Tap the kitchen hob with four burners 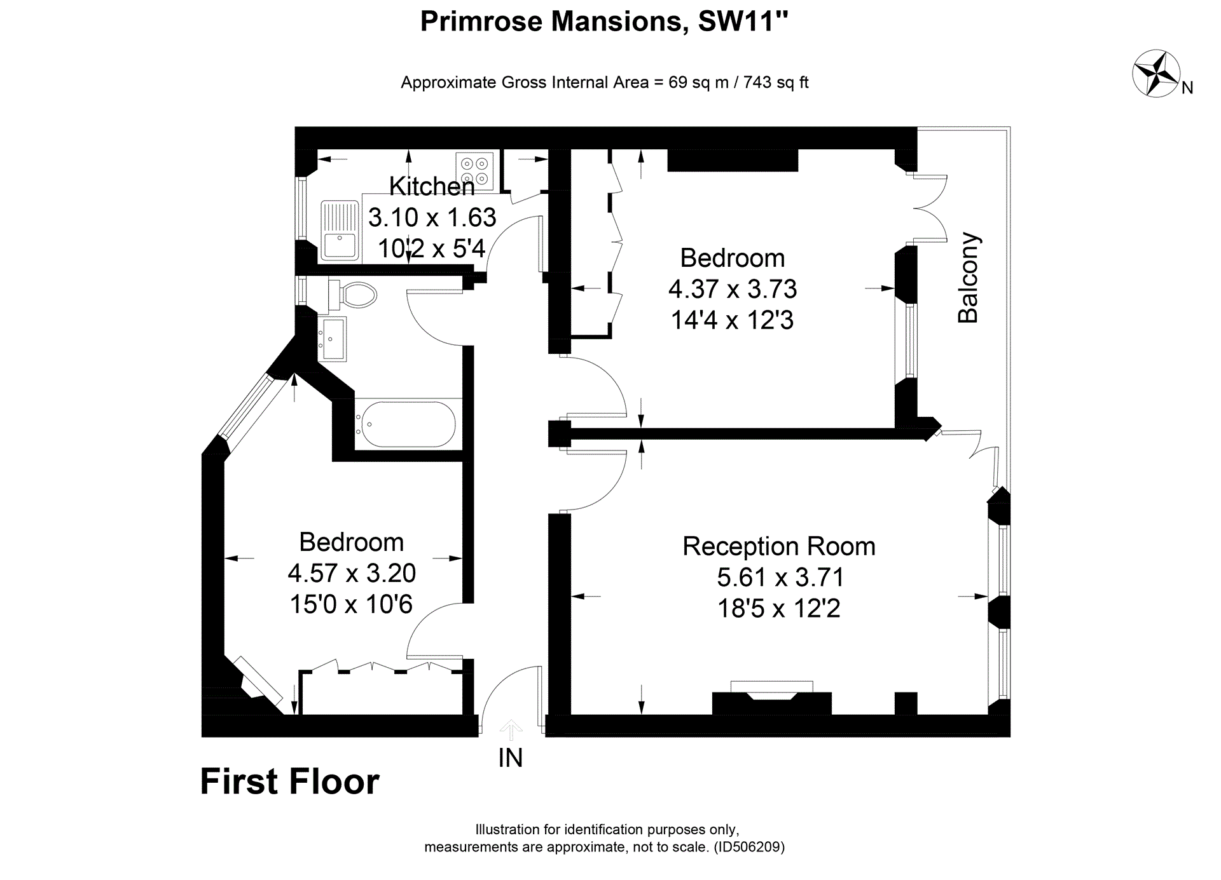tap(474, 170)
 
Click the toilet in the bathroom tap(354, 295)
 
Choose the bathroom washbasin tap(333, 339)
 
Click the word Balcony tap(969, 278)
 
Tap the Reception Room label tap(778, 546)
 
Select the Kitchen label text tap(432, 187)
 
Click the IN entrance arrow tap(511, 730)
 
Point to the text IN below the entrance tap(511, 758)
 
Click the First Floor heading tap(289, 782)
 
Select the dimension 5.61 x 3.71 tap(780, 578)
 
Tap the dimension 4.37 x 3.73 tap(732, 289)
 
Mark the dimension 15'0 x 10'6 tap(351, 604)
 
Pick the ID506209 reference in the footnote tap(749, 847)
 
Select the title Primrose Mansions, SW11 tap(604, 22)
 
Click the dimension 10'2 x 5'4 tap(432, 248)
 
